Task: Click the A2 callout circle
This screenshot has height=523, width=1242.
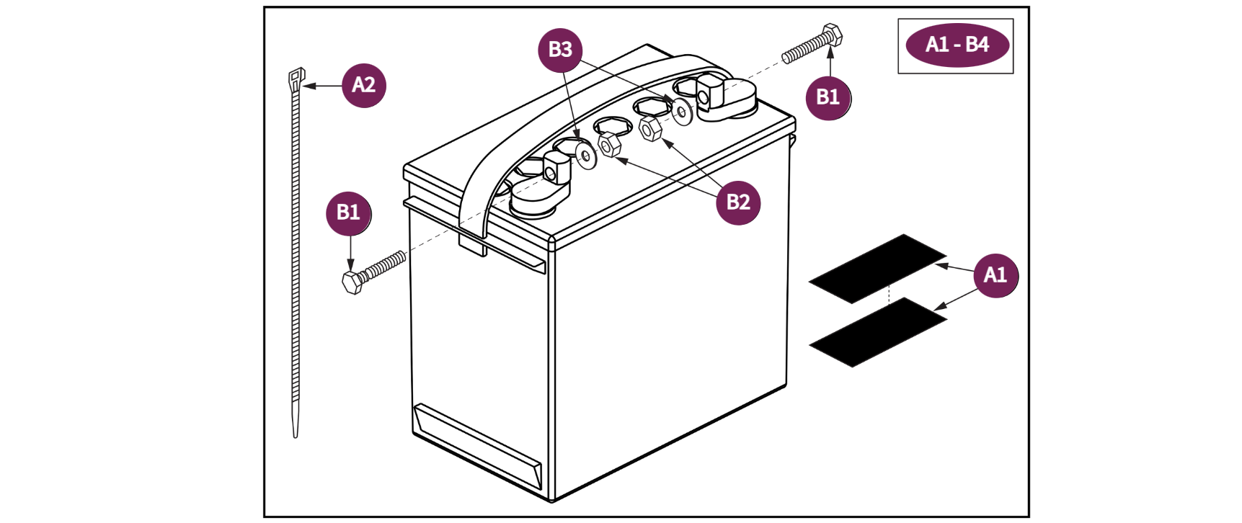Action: click(363, 86)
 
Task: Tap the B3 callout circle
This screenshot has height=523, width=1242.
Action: click(560, 50)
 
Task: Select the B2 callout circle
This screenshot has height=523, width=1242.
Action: click(738, 202)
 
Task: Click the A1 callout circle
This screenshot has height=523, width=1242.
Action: click(995, 275)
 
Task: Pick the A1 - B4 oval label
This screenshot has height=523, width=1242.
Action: click(957, 45)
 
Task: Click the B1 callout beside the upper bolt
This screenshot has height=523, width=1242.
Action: click(828, 97)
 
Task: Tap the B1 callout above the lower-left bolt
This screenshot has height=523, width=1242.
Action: click(348, 213)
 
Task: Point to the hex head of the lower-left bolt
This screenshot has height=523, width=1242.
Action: click(352, 282)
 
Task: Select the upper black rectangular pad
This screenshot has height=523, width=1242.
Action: click(877, 267)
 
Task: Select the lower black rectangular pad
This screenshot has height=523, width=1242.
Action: click(877, 332)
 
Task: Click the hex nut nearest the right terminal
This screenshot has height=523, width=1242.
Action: click(650, 129)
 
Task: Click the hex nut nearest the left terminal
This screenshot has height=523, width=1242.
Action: click(609, 145)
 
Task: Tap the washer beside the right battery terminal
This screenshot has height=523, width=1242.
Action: click(681, 112)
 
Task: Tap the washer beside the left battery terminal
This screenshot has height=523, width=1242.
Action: click(585, 155)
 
